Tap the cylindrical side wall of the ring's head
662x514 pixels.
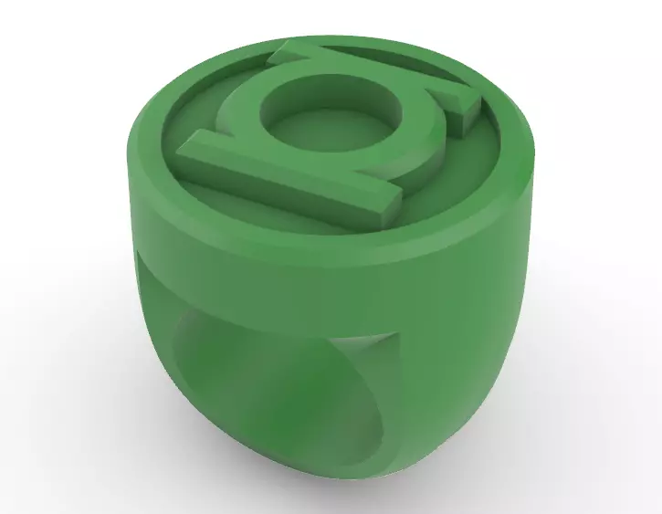click(365, 247)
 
